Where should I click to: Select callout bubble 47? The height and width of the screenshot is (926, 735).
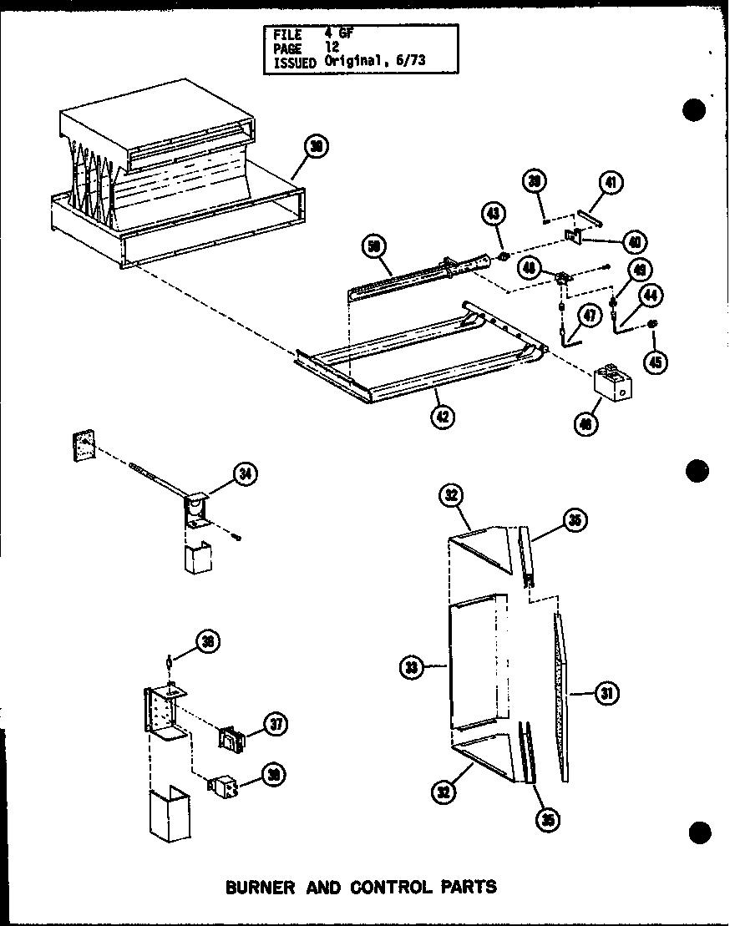pos(591,316)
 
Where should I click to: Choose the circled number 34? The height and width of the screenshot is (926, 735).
pos(245,475)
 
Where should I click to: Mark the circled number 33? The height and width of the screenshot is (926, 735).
pos(412,667)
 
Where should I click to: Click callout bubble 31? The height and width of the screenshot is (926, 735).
pos(606,691)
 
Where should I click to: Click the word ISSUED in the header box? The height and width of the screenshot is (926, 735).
pos(294,62)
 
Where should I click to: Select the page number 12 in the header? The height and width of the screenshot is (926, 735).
pos(333,48)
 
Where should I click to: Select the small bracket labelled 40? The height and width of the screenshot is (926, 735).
pos(574,238)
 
